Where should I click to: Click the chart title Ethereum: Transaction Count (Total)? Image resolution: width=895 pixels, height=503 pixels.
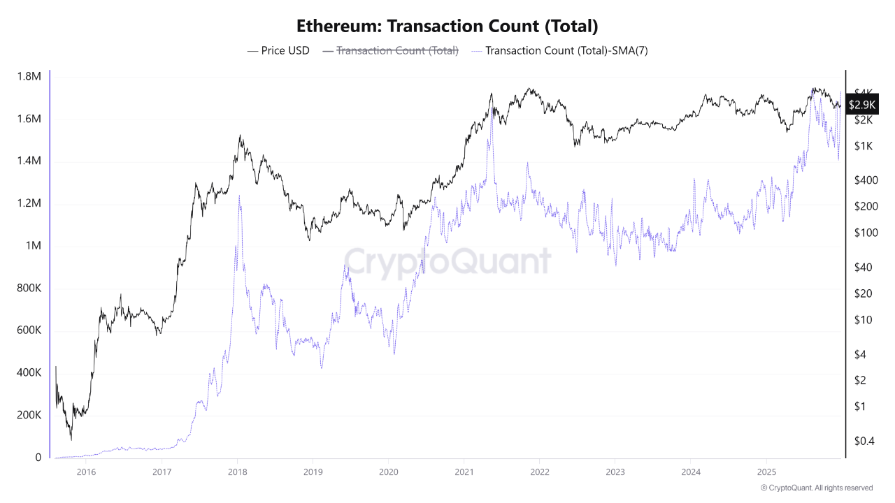point(447,27)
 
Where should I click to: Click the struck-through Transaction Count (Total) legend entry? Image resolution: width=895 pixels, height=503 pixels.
point(397,50)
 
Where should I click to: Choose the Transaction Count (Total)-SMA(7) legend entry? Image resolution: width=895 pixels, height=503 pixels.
point(566,50)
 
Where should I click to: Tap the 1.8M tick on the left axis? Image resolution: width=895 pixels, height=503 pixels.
point(29,76)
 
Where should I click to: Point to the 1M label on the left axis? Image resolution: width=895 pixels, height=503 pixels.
point(34,246)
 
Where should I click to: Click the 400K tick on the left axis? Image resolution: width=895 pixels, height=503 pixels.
point(29,373)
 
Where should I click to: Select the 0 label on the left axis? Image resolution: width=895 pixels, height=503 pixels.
point(38,458)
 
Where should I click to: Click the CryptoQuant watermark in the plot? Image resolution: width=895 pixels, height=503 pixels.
point(447,261)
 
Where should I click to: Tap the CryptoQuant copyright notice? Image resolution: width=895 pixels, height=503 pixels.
point(817,488)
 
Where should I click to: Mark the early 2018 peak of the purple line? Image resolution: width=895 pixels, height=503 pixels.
point(239,196)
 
